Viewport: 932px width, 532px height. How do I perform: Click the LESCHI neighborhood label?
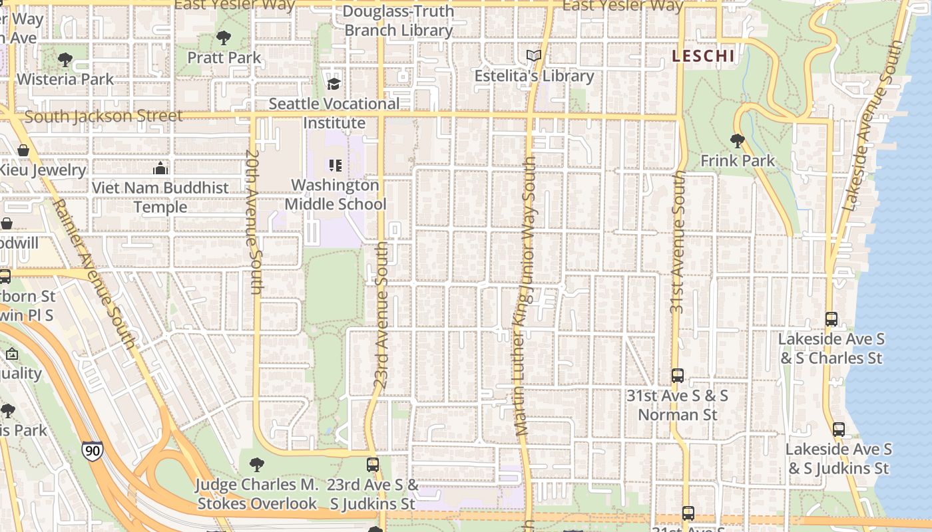coord(703,56)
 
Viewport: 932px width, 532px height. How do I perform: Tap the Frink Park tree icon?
coord(737,140)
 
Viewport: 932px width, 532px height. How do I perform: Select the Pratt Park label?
coord(224,58)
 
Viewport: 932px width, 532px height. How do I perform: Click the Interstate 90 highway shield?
coord(93,451)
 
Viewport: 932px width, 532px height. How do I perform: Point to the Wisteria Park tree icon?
coord(65,60)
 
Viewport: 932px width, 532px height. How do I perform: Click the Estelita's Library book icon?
coord(533,56)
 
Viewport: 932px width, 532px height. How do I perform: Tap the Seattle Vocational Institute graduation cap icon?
coord(334,84)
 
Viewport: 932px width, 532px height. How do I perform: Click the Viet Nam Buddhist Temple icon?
coord(160,168)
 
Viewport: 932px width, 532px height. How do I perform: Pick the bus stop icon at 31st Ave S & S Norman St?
coord(677,376)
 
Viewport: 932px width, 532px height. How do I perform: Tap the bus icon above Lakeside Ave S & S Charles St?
coord(831,319)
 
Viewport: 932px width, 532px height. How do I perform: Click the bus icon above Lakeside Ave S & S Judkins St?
coord(838,430)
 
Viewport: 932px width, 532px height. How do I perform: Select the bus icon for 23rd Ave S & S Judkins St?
coord(373,464)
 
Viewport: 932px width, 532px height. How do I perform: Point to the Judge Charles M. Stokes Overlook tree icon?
coord(256,464)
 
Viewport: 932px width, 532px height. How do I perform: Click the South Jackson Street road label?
coord(103,116)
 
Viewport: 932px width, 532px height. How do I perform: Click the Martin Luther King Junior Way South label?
coord(525,296)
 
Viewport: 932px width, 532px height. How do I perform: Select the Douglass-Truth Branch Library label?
coord(399,21)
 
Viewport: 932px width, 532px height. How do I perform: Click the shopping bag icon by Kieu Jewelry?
coord(23,150)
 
